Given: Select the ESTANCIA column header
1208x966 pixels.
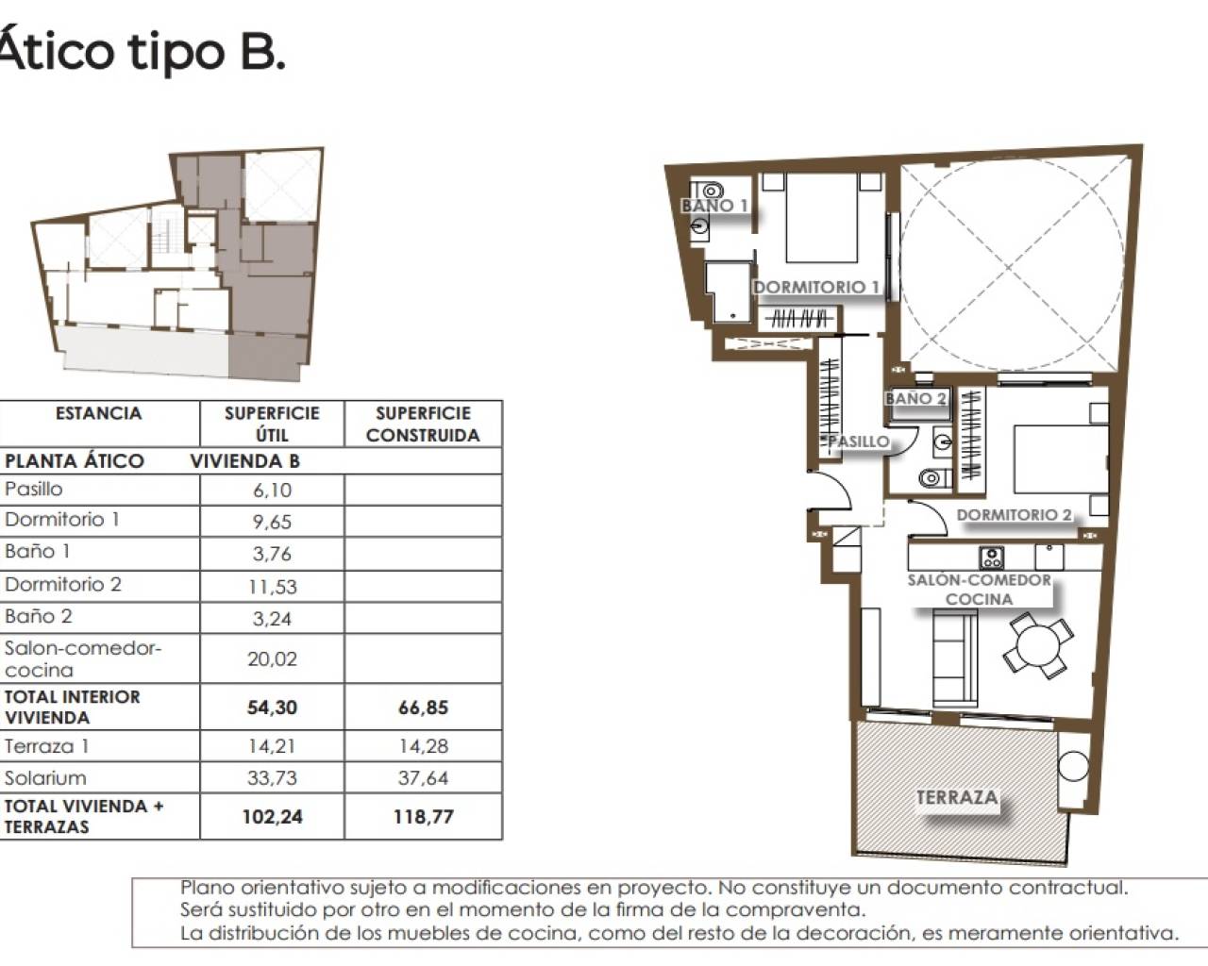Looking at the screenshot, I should point(98,413).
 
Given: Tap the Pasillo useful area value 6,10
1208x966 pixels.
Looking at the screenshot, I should point(272,490).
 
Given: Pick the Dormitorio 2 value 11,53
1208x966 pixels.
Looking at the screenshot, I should point(272,586).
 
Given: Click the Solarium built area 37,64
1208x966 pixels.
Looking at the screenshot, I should point(423,778).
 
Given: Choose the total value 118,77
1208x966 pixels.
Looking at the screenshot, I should point(423,817).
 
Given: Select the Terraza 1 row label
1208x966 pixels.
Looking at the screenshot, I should point(40,746).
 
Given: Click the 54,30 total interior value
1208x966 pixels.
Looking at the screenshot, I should point(272,708).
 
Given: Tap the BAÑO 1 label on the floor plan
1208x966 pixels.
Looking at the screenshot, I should point(714,206).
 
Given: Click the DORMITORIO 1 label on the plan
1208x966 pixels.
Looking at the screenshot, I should point(816,287).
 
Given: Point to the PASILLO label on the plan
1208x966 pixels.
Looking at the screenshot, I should point(858,441).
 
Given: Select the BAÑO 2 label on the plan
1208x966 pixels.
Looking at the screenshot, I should point(915,399).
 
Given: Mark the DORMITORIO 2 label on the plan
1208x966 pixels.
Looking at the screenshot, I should point(1015,515).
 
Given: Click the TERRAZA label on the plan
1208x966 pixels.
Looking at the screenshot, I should point(957,798).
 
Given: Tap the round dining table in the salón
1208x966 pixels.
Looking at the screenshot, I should point(1038,644).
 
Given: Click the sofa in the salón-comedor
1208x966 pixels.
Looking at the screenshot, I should point(953,656).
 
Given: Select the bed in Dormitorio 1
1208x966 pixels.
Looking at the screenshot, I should point(822,219).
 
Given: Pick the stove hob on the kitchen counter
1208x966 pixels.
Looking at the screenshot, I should point(991,557).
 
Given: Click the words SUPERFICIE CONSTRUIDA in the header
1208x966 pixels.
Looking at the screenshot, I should point(423,425).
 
